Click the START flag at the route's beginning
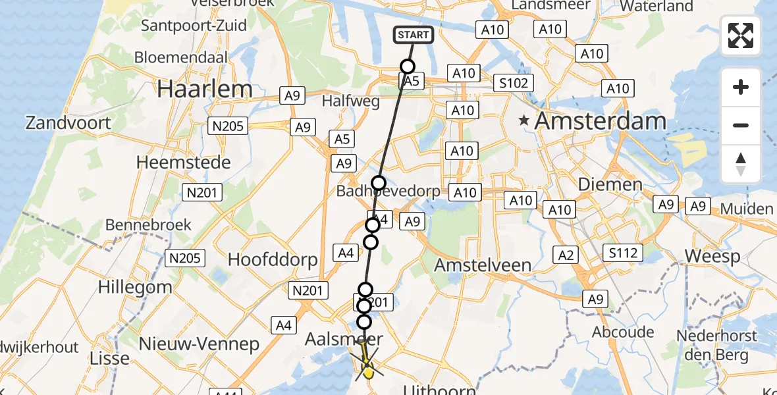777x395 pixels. click(x=414, y=35)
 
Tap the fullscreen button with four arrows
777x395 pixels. click(x=741, y=36)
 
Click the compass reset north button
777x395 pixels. click(x=741, y=165)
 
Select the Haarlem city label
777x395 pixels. click(x=205, y=89)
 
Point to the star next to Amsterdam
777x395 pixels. click(x=524, y=120)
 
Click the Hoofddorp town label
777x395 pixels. click(x=273, y=259)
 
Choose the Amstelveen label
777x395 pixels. click(x=483, y=265)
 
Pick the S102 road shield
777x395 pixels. click(x=514, y=83)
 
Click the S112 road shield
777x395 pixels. click(x=623, y=253)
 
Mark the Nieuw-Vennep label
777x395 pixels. click(x=200, y=344)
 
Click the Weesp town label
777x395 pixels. click(x=712, y=255)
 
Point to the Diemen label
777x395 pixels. click(x=610, y=184)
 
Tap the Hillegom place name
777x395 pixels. click(x=135, y=287)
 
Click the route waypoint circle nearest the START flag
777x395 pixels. click(x=408, y=66)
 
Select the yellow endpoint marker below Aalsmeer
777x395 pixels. click(x=368, y=373)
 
